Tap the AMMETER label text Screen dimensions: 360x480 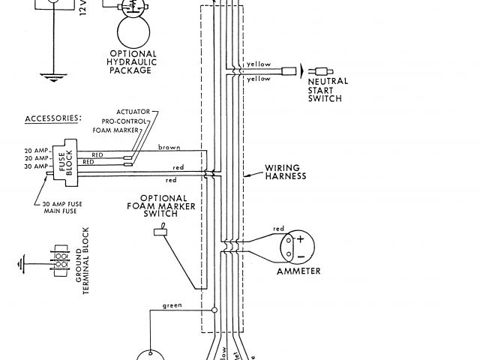[298, 271]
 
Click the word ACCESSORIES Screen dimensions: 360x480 [53, 118]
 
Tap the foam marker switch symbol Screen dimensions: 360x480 [160, 233]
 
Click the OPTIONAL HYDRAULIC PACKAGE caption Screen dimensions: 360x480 [132, 62]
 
